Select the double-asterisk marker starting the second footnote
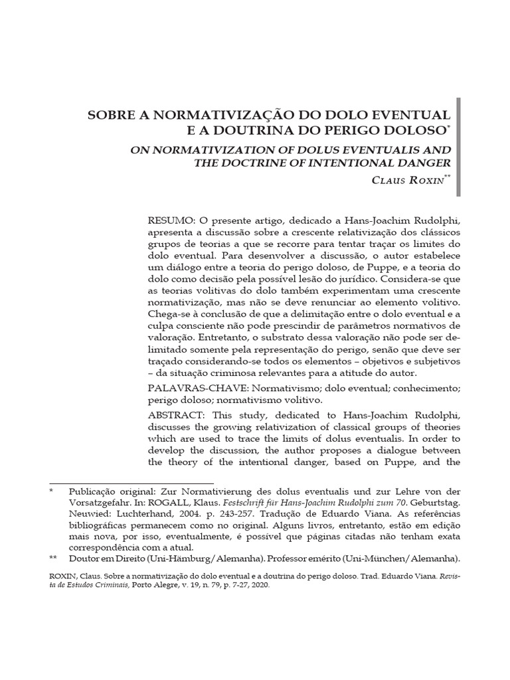tap(53, 559)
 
